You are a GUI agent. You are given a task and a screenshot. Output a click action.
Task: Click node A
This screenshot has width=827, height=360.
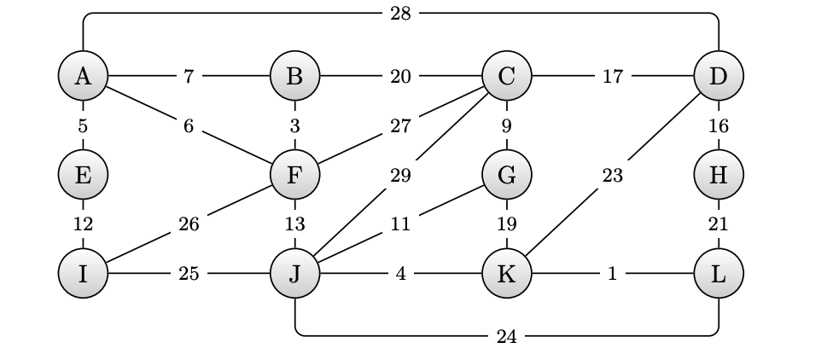[x=83, y=76]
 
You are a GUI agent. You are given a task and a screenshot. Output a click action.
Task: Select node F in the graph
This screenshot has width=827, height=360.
[x=294, y=175]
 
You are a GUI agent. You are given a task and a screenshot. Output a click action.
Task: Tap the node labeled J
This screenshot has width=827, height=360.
[x=294, y=274]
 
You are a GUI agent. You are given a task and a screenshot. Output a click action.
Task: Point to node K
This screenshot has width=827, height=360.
[x=507, y=274]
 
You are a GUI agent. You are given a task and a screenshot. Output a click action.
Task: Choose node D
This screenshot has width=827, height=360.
[x=719, y=76]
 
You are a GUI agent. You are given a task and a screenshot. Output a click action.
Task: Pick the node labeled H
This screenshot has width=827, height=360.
[x=719, y=175]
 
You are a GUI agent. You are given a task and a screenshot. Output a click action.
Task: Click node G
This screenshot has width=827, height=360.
[x=507, y=175]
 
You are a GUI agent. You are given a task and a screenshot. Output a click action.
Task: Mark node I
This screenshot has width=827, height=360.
[x=83, y=274]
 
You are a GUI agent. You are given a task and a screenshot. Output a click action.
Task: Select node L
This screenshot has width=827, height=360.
[x=719, y=274]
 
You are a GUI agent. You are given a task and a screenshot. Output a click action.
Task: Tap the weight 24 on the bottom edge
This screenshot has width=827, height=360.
[x=507, y=336]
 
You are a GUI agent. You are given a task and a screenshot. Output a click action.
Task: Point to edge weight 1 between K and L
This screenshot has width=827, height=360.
[x=613, y=274]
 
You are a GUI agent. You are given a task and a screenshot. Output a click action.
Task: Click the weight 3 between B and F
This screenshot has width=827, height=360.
[x=294, y=125]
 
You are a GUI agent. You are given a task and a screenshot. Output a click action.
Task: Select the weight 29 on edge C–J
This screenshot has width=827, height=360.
[x=400, y=176]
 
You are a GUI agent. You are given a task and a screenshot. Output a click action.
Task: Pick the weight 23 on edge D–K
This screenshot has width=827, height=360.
[x=613, y=176]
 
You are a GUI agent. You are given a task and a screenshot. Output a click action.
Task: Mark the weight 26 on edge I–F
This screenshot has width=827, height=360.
[x=189, y=225]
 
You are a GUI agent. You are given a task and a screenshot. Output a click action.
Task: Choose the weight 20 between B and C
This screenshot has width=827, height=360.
[x=400, y=76]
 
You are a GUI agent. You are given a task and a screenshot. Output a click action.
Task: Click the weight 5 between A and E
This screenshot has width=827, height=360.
[x=83, y=125]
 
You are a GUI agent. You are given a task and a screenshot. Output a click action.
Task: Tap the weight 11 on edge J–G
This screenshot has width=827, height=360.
[x=400, y=225]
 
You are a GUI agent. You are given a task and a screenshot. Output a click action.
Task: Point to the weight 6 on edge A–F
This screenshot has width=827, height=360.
[x=189, y=125]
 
